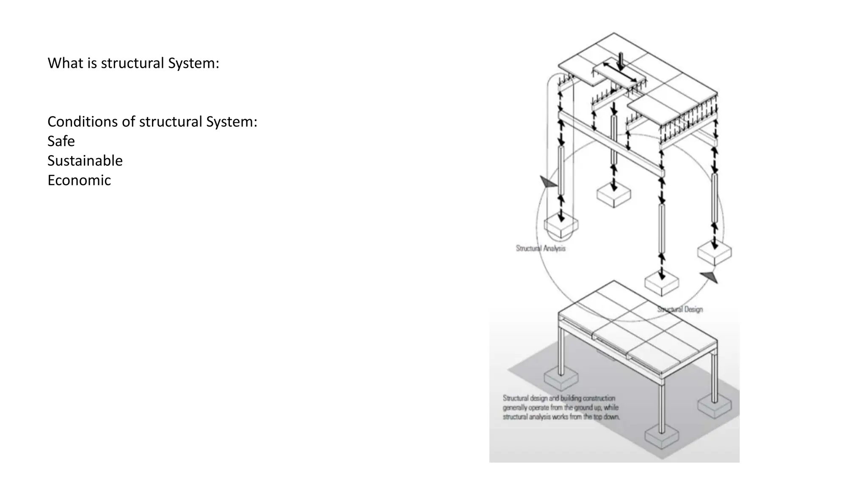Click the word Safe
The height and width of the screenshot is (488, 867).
coord(61,141)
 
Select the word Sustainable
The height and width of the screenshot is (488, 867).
coord(85,161)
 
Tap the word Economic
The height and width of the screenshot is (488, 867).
coord(79,180)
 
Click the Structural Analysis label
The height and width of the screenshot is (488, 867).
coord(541,248)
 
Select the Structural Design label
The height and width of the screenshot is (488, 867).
coord(680,309)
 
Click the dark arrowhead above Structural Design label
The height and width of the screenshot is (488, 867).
coord(710,277)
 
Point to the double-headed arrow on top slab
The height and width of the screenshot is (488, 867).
coord(620,72)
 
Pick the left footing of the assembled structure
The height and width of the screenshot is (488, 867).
coord(561,378)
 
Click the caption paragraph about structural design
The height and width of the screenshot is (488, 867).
coord(561,408)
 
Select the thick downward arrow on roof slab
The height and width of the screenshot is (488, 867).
coord(621,61)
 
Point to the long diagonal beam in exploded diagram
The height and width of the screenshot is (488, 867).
coord(611,144)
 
